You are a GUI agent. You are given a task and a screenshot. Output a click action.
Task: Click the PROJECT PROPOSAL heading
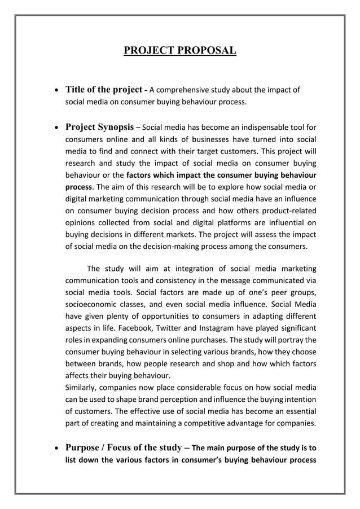click(x=180, y=52)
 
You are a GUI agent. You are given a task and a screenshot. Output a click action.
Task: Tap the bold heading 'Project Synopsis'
click(x=99, y=126)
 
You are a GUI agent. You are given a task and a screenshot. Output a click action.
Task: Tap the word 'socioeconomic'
click(x=93, y=304)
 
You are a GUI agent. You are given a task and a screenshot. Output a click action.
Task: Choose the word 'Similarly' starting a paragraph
click(x=83, y=387)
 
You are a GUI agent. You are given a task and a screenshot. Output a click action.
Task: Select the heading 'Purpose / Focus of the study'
click(x=124, y=449)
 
